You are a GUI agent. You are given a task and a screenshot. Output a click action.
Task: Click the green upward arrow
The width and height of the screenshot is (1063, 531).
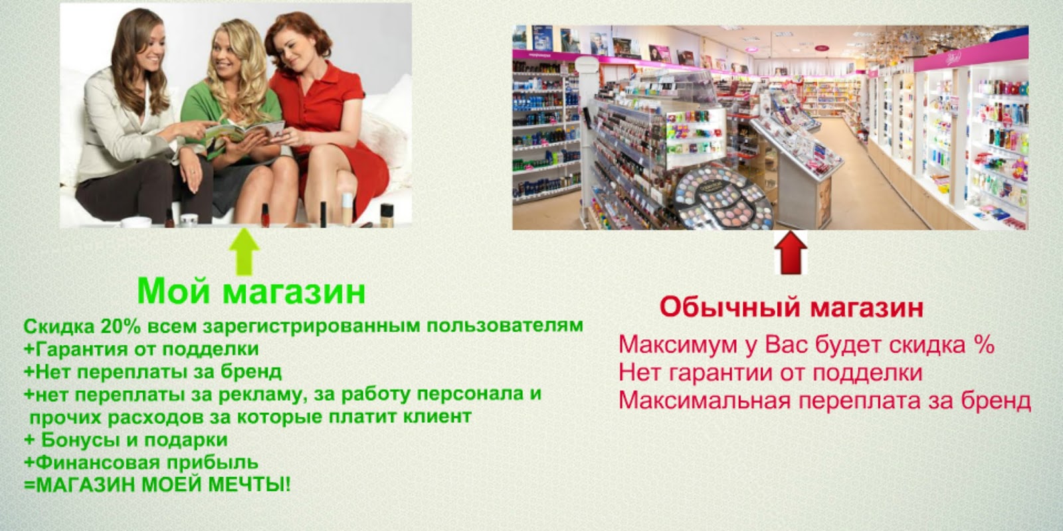pyautogui.click(x=244, y=252)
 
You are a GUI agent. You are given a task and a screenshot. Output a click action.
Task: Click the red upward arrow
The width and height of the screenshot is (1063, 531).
pyautogui.click(x=791, y=253)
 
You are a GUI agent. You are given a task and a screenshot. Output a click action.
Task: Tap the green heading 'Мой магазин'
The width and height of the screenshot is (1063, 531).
pyautogui.click(x=251, y=291)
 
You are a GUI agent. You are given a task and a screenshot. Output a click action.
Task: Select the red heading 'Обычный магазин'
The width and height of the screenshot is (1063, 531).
pyautogui.click(x=791, y=308)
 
